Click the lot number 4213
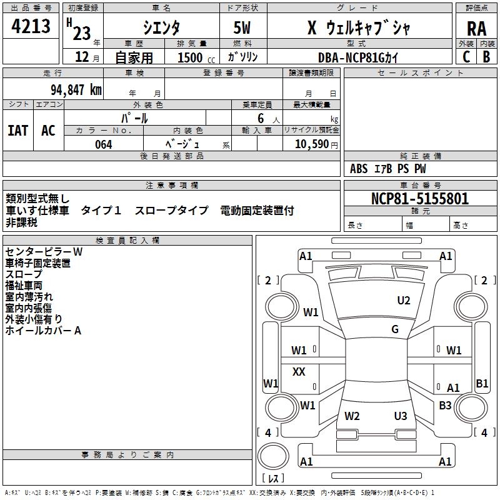[x=31, y=27]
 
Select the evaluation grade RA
[x=476, y=28]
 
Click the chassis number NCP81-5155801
[x=419, y=199]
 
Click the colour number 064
[x=104, y=144]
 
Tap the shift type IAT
[x=17, y=131]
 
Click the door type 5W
[x=242, y=28]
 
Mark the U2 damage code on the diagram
[x=404, y=301]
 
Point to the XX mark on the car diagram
[x=299, y=372]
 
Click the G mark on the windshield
[x=395, y=329]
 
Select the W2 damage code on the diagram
[x=352, y=416]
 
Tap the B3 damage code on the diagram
[x=445, y=406]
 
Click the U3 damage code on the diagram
[x=401, y=416]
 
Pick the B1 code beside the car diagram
[x=482, y=384]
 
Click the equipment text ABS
[x=359, y=168]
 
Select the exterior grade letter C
[x=466, y=57]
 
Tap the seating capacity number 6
[x=259, y=118]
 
